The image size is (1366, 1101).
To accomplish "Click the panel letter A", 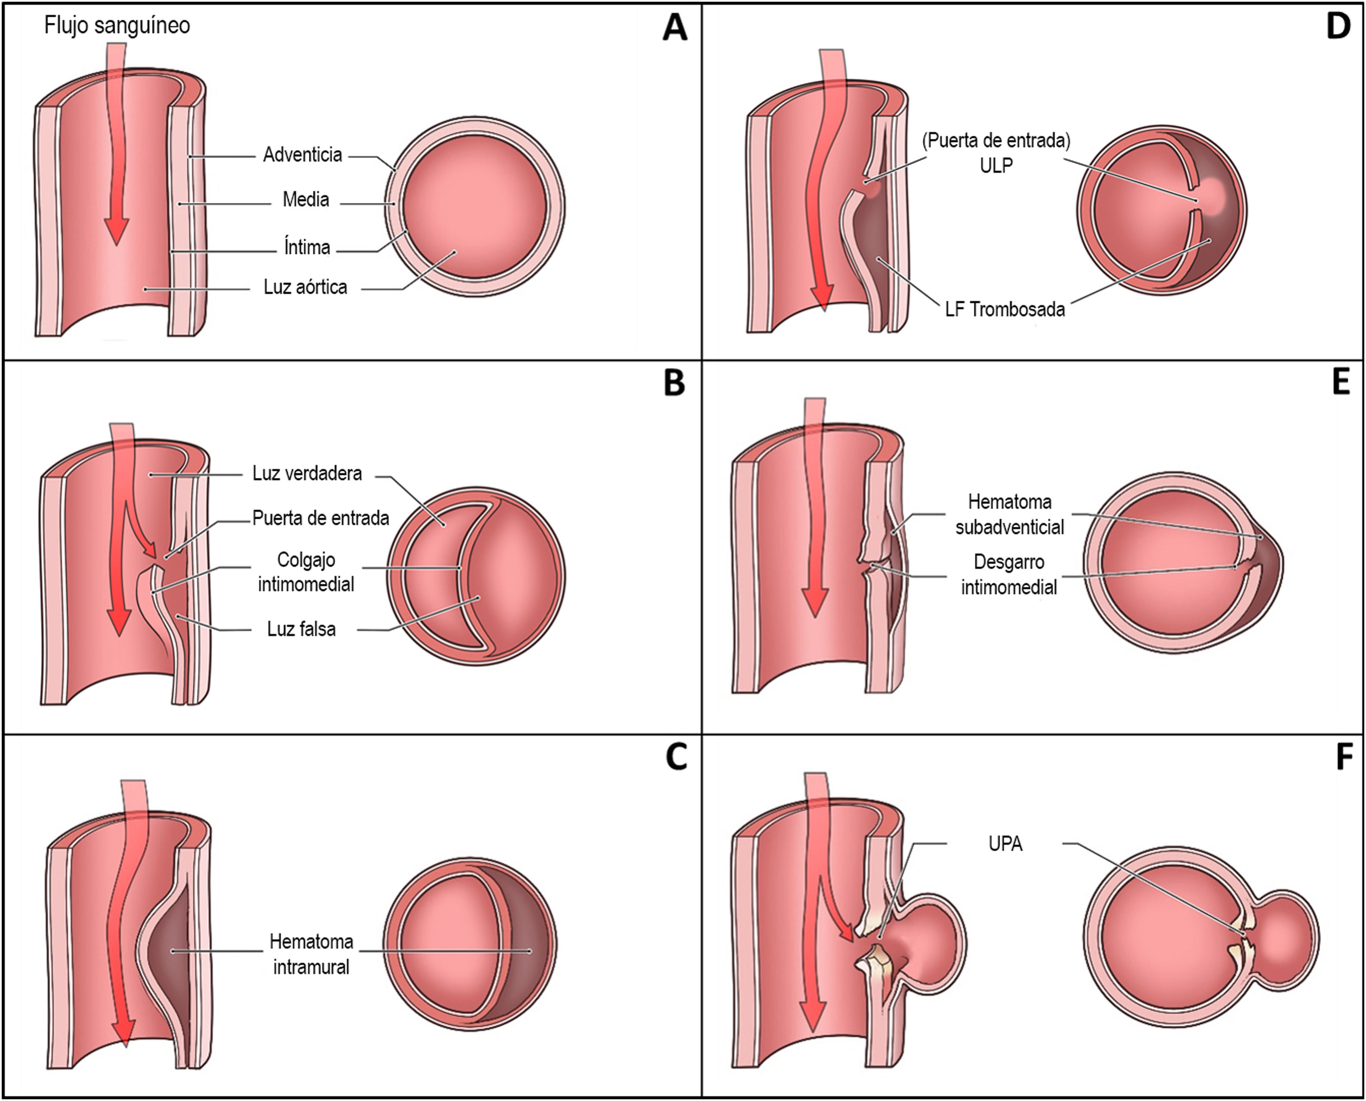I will point(675,28).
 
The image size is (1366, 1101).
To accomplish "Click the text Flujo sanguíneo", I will point(117,25).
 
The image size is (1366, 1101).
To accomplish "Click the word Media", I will point(306,200).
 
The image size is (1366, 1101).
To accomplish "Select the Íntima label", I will point(307,247).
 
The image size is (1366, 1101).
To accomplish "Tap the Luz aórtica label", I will point(305,287).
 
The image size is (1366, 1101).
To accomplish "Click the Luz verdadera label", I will point(307,473).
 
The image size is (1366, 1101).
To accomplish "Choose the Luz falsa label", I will point(301,629).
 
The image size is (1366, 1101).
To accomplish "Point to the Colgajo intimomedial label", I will point(306,572).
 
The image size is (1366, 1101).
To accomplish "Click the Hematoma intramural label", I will point(311,954).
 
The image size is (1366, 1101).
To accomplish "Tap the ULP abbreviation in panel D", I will point(996,166).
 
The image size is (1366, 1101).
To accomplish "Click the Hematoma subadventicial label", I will point(1009,514).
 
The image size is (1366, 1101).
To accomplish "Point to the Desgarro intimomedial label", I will point(1009,575).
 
